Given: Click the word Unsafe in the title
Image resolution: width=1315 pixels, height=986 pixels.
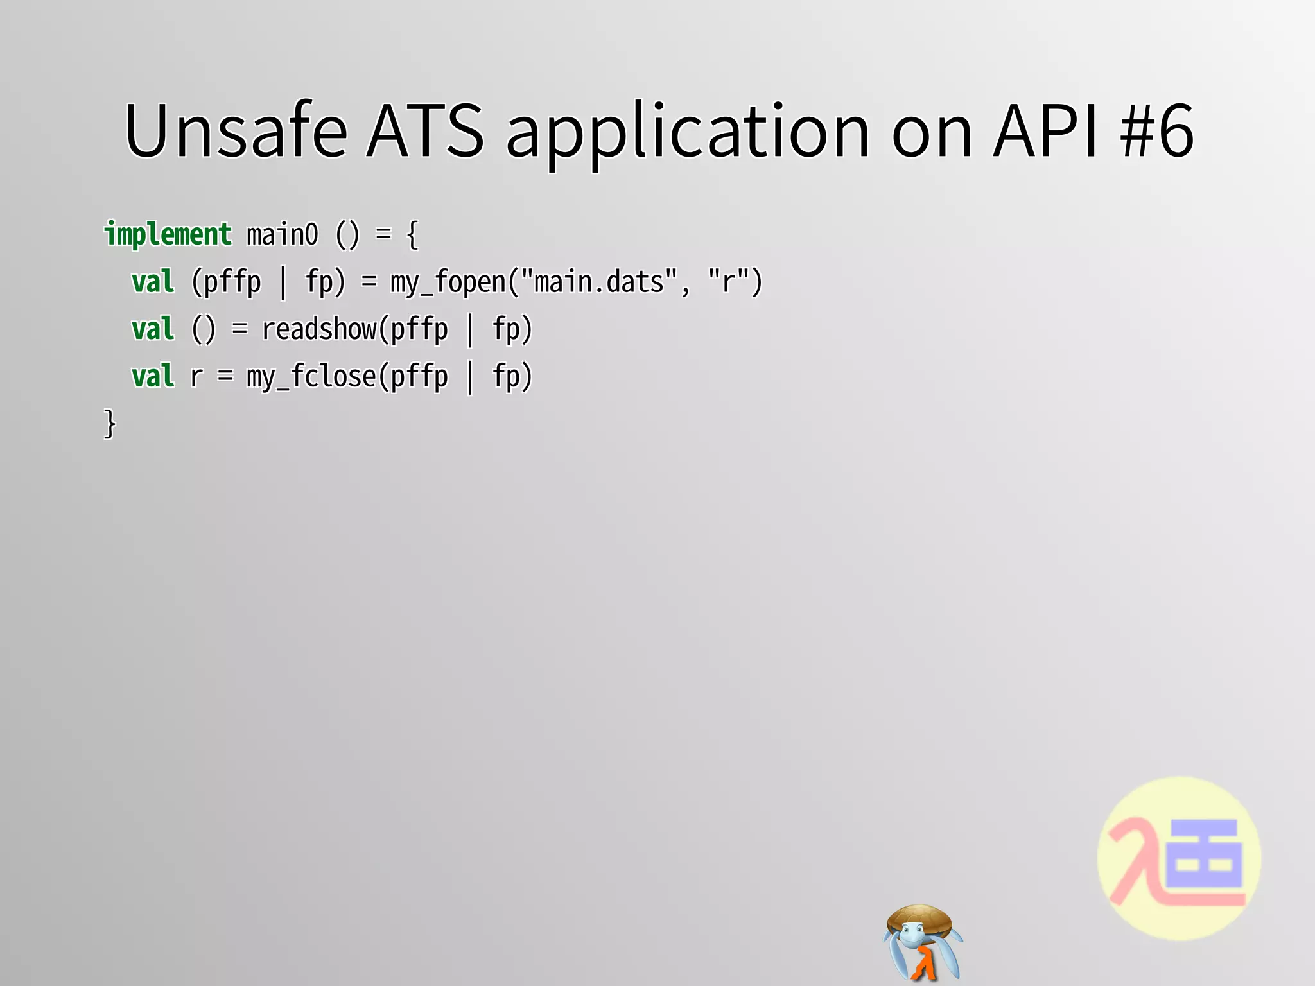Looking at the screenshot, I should pyautogui.click(x=236, y=131).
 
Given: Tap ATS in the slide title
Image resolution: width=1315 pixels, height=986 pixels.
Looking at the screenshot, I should pyautogui.click(x=425, y=131).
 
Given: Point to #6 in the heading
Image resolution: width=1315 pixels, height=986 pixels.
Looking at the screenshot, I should pyautogui.click(x=1156, y=131).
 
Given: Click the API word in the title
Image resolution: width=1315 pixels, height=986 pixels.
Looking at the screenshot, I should pyautogui.click(x=1045, y=131).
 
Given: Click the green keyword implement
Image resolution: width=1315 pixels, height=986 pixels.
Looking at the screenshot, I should pyautogui.click(x=168, y=234).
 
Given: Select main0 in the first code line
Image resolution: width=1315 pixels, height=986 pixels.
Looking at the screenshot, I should pyautogui.click(x=283, y=234).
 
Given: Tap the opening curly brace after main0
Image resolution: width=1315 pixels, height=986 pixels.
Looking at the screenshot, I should pyautogui.click(x=413, y=235).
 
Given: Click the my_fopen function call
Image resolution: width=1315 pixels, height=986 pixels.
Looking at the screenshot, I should pyautogui.click(x=448, y=282).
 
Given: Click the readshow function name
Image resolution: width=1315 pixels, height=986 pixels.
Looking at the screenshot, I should pyautogui.click(x=319, y=329).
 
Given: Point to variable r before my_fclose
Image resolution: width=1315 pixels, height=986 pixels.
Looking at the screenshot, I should pyautogui.click(x=196, y=377).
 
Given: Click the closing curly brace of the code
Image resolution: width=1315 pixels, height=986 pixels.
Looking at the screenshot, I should pyautogui.click(x=110, y=424).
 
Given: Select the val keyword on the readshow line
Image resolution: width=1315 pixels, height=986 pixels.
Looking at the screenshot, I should pyautogui.click(x=153, y=329).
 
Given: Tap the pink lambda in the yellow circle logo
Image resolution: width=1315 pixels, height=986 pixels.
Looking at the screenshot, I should pyautogui.click(x=1136, y=860).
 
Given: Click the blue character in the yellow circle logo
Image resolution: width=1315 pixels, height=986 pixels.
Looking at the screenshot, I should pyautogui.click(x=1205, y=857).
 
